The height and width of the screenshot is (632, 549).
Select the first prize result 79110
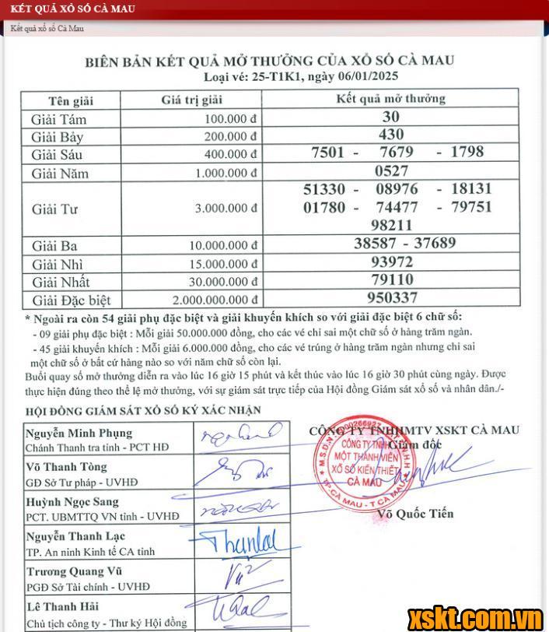(391, 279)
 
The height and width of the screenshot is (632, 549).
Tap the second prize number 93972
(391, 262)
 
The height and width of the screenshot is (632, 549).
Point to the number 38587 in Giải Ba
(364, 244)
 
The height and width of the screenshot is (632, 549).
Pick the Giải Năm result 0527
(391, 170)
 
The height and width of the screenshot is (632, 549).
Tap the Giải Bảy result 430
(391, 135)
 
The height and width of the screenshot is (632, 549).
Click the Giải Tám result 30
(391, 118)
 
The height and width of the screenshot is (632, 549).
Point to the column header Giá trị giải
(191, 100)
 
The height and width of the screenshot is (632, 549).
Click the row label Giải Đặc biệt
(72, 300)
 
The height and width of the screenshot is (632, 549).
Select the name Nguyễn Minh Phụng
(79, 433)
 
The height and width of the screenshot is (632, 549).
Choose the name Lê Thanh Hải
(62, 606)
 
